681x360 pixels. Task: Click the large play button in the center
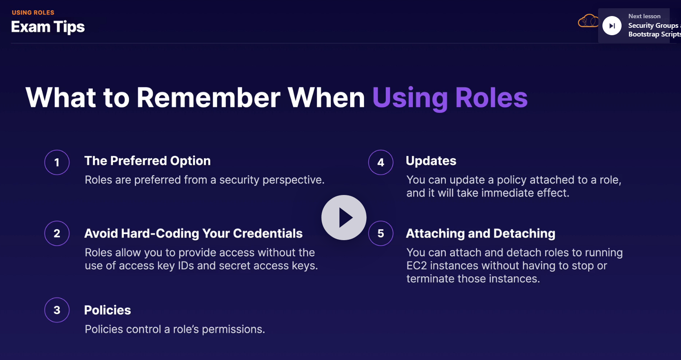point(344,218)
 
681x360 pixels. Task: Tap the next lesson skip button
point(612,26)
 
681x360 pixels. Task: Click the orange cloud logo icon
point(588,21)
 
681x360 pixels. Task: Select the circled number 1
point(57,162)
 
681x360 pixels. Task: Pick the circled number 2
point(57,233)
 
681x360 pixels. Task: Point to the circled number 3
point(57,310)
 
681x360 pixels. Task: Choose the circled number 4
point(381,162)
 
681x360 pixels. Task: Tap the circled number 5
point(381,233)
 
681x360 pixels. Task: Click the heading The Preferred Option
point(148,161)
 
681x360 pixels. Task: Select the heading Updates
point(431,161)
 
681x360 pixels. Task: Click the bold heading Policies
point(107,310)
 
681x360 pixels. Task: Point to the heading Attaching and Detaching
point(480,234)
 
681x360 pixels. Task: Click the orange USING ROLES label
point(33,13)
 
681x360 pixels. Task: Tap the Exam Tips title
point(48,27)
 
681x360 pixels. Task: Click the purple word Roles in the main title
point(491,98)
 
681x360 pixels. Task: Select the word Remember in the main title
point(208,98)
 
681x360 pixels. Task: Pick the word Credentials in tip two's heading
point(267,234)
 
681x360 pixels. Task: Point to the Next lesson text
point(645,16)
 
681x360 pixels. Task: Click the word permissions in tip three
point(233,330)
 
